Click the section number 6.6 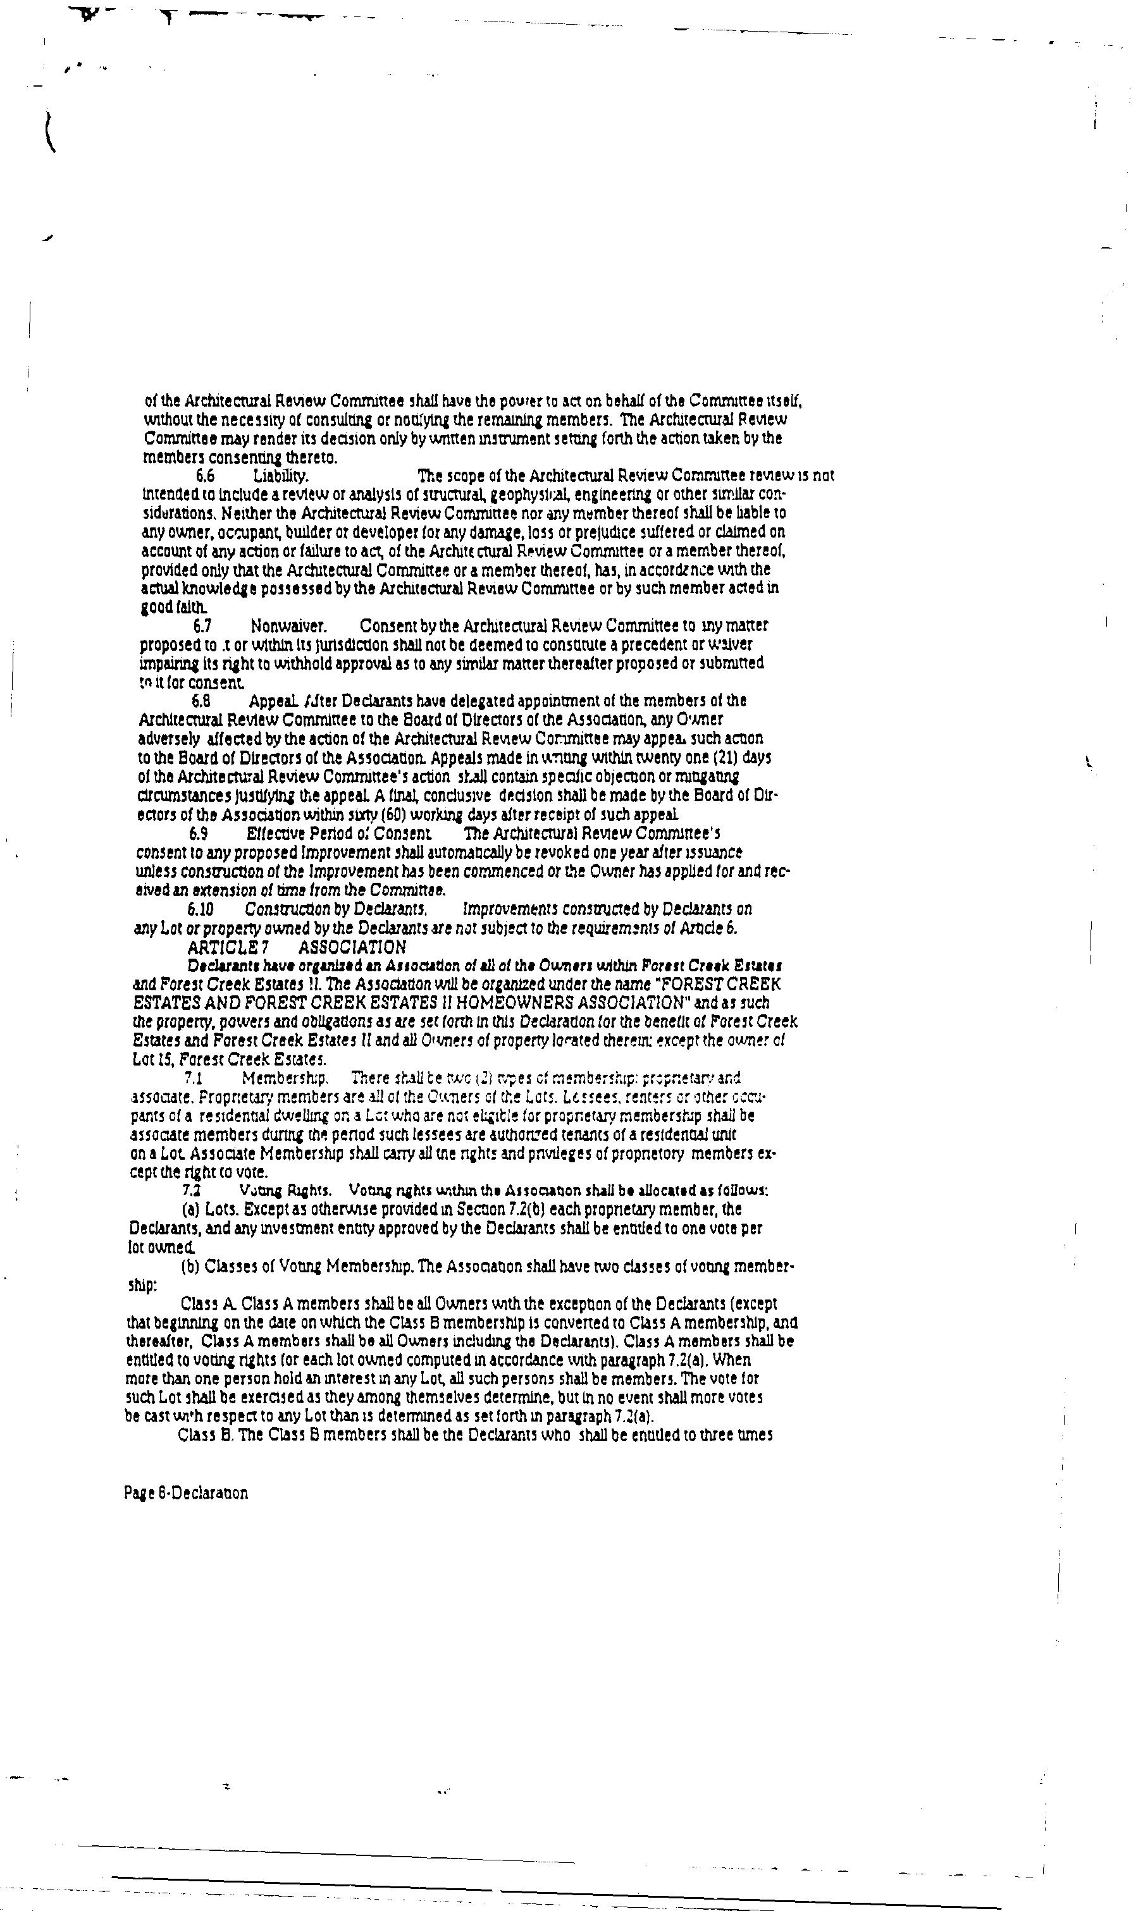pos(205,476)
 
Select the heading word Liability pos(281,476)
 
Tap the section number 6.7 pos(202,626)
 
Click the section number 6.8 pos(201,701)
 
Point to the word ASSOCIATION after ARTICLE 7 pos(352,947)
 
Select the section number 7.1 pos(194,1078)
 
